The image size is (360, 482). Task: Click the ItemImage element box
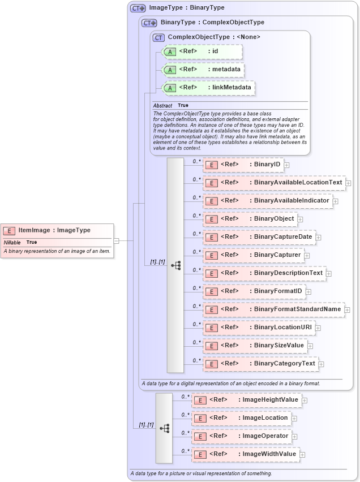click(57, 231)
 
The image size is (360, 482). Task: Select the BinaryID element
click(243, 165)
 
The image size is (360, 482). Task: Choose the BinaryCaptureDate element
click(259, 237)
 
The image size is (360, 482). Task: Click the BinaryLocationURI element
click(258, 328)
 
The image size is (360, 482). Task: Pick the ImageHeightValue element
click(246, 400)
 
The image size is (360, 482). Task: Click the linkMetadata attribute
click(209, 88)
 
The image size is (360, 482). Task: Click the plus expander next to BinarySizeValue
click(310, 346)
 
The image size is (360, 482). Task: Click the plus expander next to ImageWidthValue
click(302, 454)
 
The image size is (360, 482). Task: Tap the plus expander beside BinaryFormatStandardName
click(347, 309)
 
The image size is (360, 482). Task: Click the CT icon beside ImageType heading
click(138, 8)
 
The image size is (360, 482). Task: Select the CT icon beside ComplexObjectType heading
click(159, 37)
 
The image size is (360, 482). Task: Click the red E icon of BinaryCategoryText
click(211, 364)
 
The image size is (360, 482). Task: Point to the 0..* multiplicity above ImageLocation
click(185, 415)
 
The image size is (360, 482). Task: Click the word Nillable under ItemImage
click(12, 242)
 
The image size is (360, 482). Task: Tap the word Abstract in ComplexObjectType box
click(162, 106)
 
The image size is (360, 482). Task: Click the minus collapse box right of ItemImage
click(117, 240)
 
